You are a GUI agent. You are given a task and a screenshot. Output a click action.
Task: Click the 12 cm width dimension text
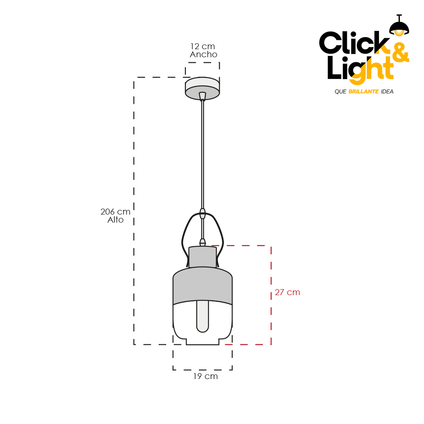point(203,46)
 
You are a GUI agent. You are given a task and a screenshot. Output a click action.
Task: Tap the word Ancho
point(204,54)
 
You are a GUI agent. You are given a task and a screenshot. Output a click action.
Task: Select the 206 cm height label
point(115,212)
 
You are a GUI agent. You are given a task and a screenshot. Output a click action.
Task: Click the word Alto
point(115,220)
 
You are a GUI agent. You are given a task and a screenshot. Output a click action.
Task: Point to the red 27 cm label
point(287,292)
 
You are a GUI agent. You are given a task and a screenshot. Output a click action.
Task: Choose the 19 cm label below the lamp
point(206,376)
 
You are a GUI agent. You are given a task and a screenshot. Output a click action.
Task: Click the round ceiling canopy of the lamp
point(202,89)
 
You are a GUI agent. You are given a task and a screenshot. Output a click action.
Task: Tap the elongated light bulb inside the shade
point(203,316)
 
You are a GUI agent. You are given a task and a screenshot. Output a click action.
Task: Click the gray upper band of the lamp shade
point(203,285)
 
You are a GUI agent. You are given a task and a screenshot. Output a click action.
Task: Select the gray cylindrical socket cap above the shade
point(203,257)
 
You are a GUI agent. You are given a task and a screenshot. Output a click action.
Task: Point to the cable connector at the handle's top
point(203,213)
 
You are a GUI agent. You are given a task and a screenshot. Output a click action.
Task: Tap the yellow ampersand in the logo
point(400,53)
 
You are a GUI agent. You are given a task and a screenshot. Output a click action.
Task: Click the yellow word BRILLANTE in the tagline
point(363,92)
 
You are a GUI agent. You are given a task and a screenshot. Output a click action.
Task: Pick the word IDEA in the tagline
point(387,92)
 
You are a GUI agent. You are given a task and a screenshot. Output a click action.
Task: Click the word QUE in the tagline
point(340,92)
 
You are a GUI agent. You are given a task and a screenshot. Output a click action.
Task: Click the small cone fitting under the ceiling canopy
point(202,96)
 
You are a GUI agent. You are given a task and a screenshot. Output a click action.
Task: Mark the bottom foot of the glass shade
point(203,341)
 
